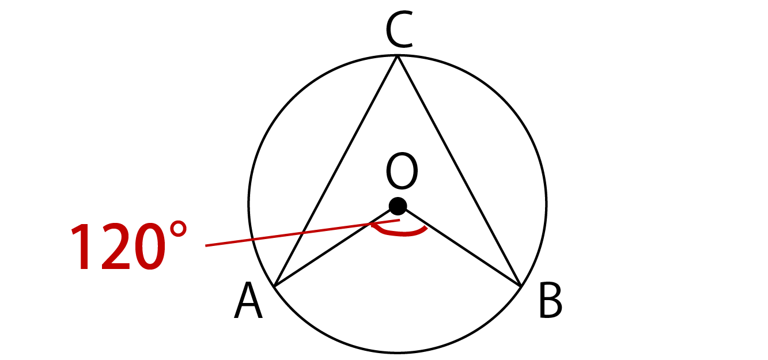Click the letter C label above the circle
[x=399, y=29]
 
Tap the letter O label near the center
[x=402, y=170]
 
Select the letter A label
[x=248, y=301]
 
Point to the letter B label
[x=551, y=301]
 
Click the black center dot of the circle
[x=398, y=206]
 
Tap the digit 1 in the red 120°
[x=82, y=246]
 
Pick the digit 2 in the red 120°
[x=116, y=246]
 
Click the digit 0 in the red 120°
[x=149, y=247]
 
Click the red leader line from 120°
[x=302, y=233]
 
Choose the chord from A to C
[x=336, y=170]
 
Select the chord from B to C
[x=459, y=170]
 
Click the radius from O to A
[x=336, y=246]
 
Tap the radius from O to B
[x=459, y=246]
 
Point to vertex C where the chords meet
[x=398, y=56]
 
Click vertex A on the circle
[x=275, y=285]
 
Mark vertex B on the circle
[x=521, y=285]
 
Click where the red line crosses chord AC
[x=302, y=233]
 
